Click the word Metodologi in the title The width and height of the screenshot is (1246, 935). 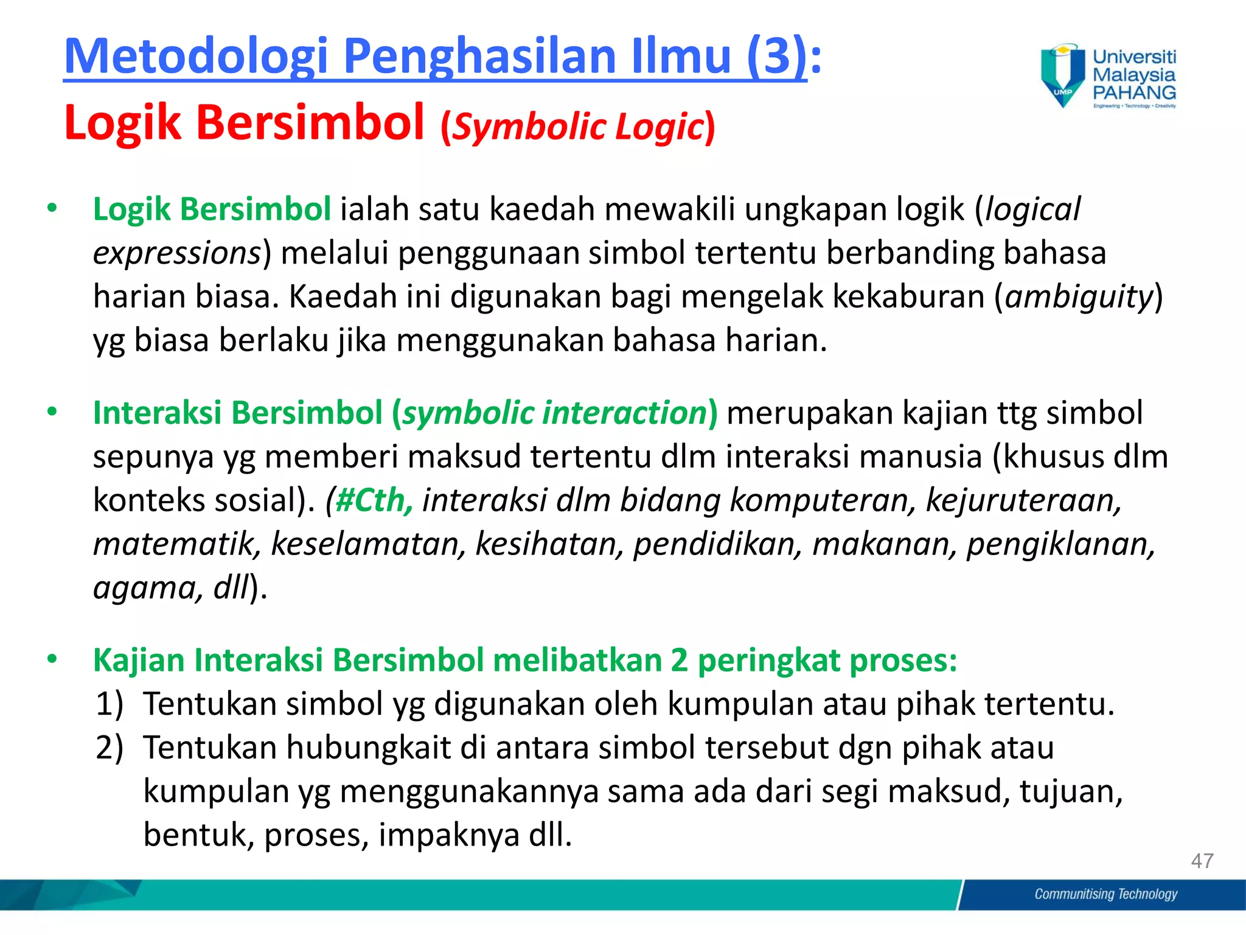[197, 56]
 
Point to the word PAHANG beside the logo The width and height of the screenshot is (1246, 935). [1134, 93]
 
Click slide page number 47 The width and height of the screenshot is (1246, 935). [1202, 861]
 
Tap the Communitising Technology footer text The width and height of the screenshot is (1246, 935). [1105, 894]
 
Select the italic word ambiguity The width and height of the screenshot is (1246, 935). [1079, 297]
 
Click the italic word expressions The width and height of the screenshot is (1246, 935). [177, 253]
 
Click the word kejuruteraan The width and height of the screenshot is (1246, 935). [1023, 500]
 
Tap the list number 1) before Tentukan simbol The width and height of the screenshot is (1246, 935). [110, 704]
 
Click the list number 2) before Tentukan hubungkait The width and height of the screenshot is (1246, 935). [110, 748]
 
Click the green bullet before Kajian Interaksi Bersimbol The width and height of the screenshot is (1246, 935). [52, 659]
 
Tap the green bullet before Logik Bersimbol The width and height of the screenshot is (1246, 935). [52, 209]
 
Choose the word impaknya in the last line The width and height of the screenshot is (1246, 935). [449, 835]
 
